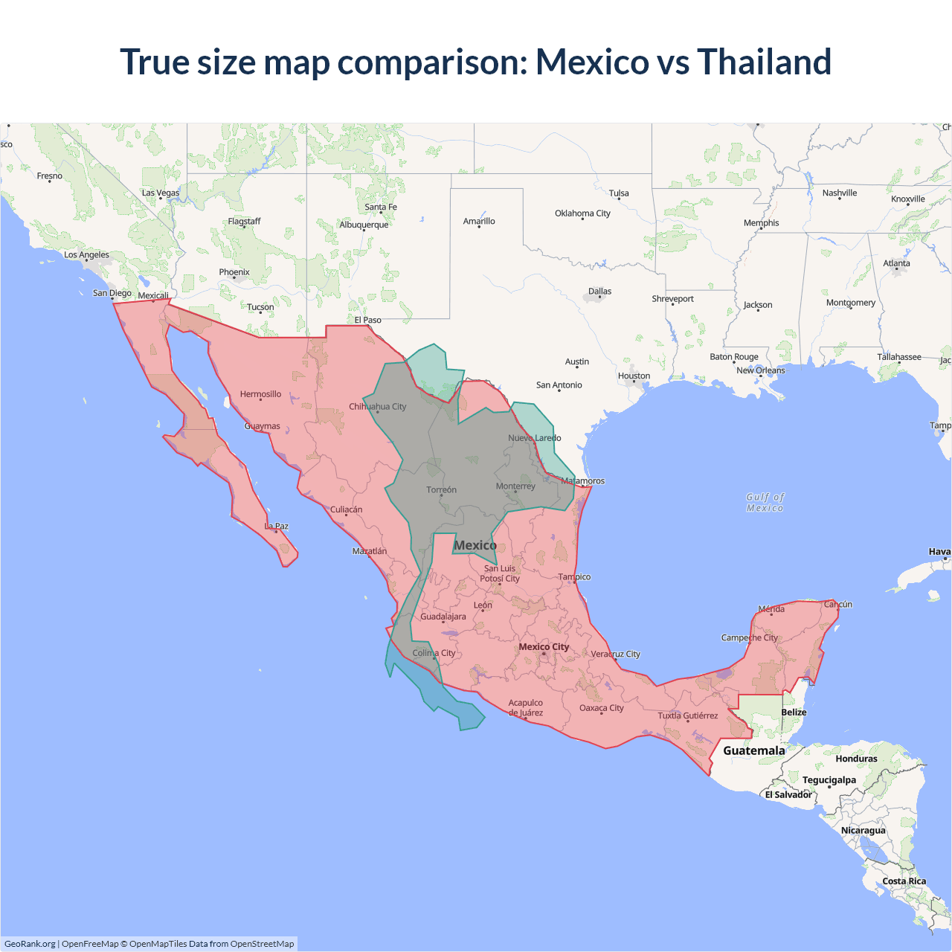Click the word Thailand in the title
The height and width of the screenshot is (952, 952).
764,62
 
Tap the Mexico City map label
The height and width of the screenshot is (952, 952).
544,646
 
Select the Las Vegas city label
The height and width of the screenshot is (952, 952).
161,193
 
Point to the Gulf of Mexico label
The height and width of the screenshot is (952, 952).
765,502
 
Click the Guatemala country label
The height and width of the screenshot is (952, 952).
753,750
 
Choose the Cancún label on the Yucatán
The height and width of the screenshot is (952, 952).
837,604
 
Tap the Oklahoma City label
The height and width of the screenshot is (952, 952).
582,213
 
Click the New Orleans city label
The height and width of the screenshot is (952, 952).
760,370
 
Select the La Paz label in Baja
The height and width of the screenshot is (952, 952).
277,526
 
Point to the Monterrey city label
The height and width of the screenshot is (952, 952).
515,486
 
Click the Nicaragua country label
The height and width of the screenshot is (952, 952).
863,830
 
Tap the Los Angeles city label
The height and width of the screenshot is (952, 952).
86,255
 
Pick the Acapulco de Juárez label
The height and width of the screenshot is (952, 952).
525,707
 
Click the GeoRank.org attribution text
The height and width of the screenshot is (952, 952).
30,944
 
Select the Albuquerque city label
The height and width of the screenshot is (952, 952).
364,225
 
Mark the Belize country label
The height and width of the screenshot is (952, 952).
794,712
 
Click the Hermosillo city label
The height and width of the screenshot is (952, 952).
260,394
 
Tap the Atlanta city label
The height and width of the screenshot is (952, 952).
896,263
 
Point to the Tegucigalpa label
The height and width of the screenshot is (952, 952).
829,779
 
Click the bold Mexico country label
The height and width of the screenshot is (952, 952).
475,545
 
